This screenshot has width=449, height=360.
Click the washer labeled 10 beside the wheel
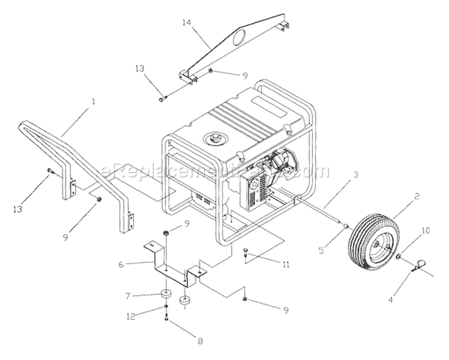(398, 256)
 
